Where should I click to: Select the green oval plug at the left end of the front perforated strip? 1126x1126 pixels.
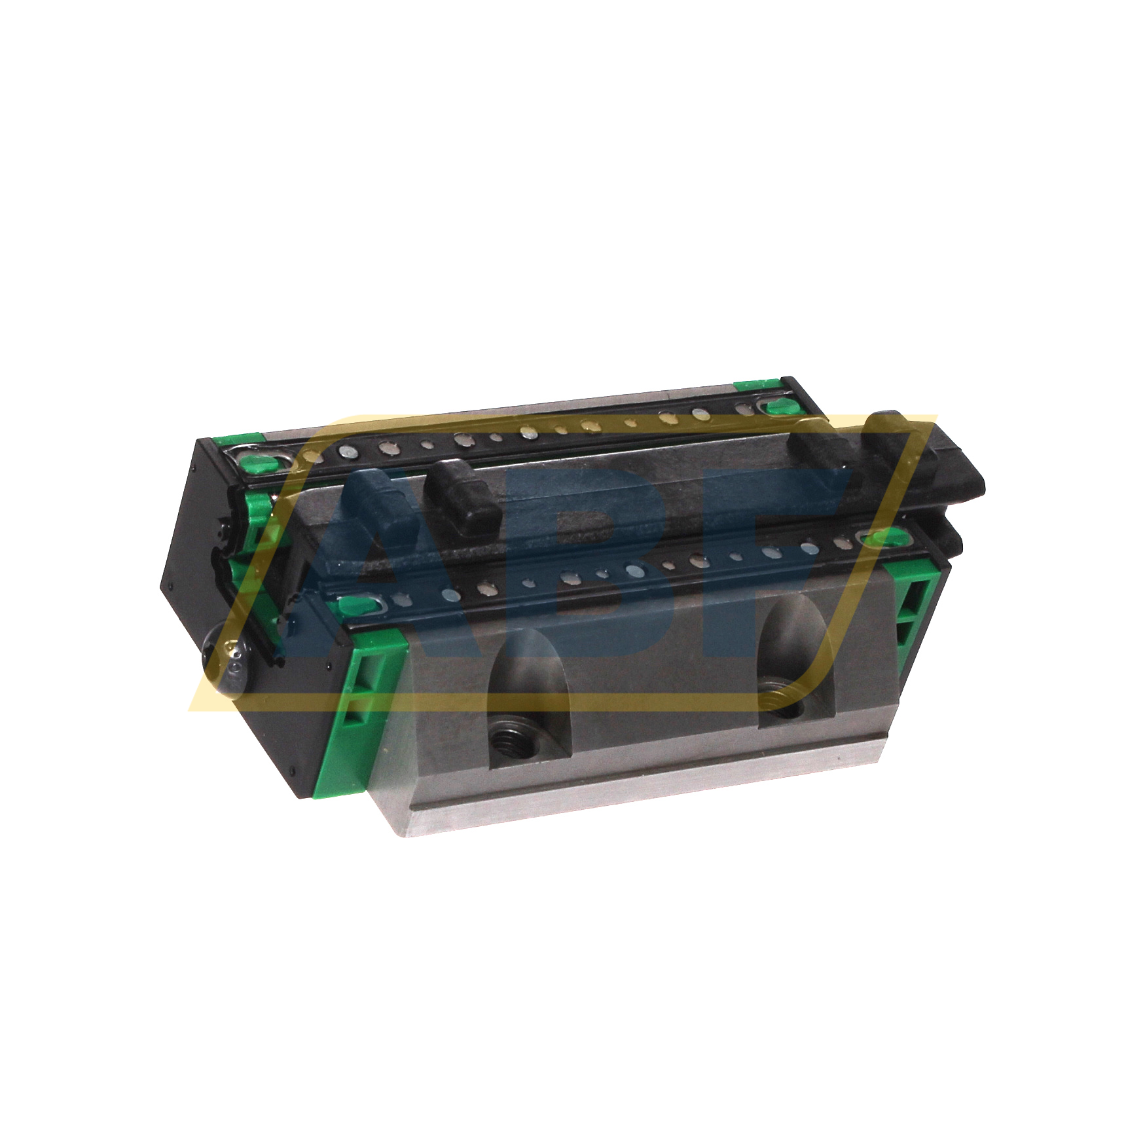coord(365,604)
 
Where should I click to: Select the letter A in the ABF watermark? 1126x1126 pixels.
coord(386,556)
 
